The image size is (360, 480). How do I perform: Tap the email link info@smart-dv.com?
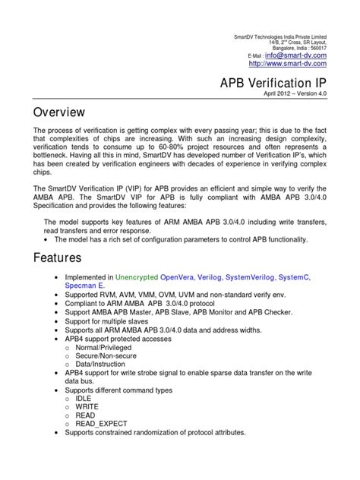click(x=295, y=55)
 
